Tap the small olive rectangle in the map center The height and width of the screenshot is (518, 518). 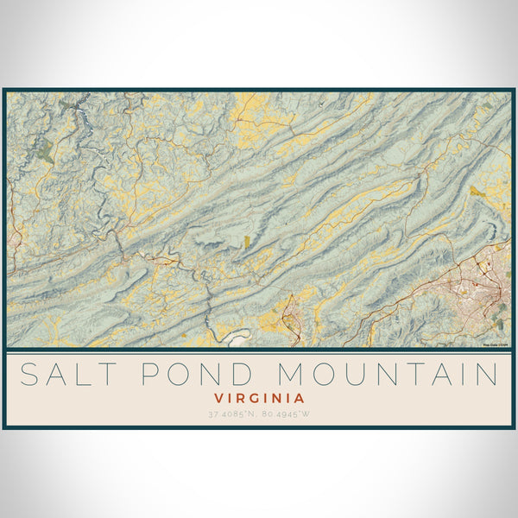click(246, 243)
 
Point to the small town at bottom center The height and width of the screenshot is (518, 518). click(291, 315)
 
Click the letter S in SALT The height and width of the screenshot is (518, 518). click(28, 375)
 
